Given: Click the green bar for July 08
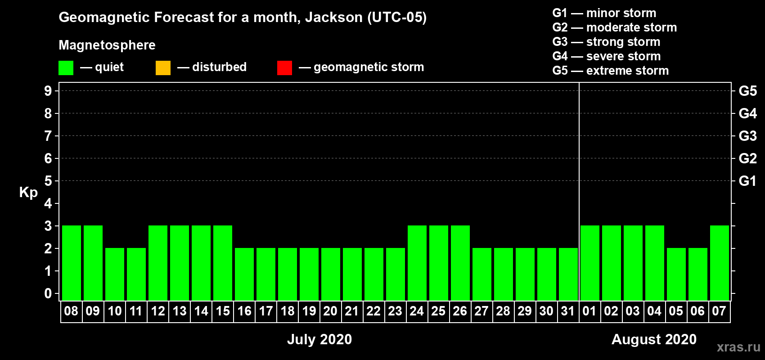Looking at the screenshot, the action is pos(72,263).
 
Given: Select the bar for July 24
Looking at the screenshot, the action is pos(417,263).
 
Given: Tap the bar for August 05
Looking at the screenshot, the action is pos(676,274).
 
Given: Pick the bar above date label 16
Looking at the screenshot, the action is pos(244,274).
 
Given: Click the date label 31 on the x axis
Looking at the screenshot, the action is pos(567,311).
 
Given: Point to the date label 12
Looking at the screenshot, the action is pos(158,311).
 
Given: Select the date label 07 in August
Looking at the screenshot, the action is pos(719,311).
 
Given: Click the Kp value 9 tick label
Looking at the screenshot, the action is pos(48,91).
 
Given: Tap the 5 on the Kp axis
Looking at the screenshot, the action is pos(48,181).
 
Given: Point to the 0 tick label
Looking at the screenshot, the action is pos(48,293).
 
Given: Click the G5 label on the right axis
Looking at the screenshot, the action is pos(747,91).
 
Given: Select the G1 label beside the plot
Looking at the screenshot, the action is pos(747,181).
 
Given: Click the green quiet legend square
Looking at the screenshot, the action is pos(66,67).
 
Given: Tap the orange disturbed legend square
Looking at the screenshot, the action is pos(163,67).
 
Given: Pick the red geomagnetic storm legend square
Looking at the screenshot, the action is pos(284,67).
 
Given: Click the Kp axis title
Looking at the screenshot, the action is pos(28,193).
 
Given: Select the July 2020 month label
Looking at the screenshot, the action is pos(319,339).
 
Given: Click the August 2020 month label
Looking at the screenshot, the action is pos(654,339).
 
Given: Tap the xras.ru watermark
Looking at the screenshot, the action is pos(738,347).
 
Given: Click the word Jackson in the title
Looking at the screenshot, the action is pos(333,18).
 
